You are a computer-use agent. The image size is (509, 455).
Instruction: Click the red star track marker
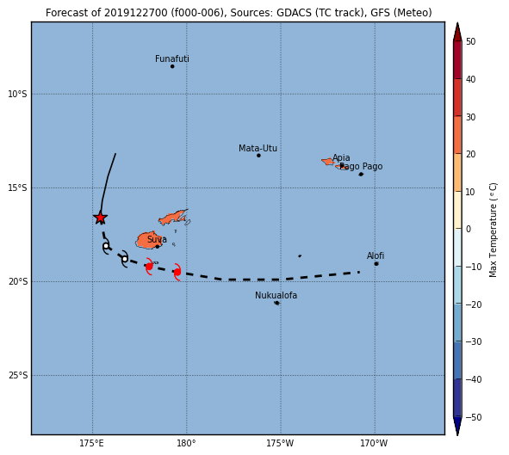click(x=100, y=218)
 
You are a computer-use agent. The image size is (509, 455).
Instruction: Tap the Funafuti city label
click(x=172, y=58)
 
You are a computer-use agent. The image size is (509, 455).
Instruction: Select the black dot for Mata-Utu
click(x=258, y=156)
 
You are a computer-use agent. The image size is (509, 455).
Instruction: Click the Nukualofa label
click(x=276, y=295)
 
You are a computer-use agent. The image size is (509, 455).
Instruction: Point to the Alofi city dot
click(x=376, y=264)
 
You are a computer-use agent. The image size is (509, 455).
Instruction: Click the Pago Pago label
click(x=361, y=166)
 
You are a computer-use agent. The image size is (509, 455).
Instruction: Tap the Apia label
click(x=341, y=157)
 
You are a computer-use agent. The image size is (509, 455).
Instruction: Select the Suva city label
click(x=157, y=239)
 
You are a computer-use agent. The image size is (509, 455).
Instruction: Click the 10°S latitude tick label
click(x=17, y=94)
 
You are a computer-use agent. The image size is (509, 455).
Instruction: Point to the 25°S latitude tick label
click(x=18, y=375)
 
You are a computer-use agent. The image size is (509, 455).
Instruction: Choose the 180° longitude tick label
click(x=186, y=443)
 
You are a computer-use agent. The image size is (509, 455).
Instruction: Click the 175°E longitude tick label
click(x=91, y=443)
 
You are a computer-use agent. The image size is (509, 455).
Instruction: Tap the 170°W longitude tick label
click(x=374, y=443)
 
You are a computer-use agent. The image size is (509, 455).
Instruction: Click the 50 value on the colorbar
click(x=470, y=41)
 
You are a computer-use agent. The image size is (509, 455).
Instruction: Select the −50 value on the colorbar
click(x=474, y=417)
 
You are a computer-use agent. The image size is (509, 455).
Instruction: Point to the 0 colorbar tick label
click(x=469, y=229)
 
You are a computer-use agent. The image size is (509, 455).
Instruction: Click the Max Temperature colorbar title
click(x=493, y=231)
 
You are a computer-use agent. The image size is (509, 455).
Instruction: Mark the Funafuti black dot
click(x=172, y=66)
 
